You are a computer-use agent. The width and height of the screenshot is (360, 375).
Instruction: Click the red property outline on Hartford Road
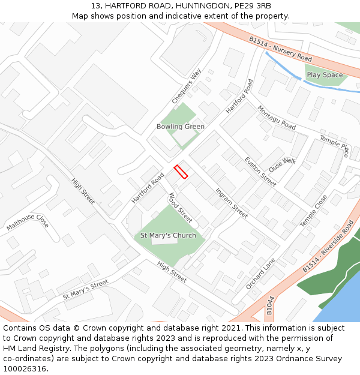click(x=181, y=172)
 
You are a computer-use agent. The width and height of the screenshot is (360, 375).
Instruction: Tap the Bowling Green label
click(x=181, y=127)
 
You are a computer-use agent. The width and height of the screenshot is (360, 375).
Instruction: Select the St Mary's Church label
click(x=168, y=235)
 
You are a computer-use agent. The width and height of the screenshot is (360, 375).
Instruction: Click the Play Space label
click(x=325, y=75)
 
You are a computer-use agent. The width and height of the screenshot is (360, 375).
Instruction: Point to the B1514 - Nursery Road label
click(x=281, y=49)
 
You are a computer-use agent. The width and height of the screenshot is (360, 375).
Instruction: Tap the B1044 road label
click(x=269, y=305)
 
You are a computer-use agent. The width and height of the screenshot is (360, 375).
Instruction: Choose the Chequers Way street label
click(x=187, y=86)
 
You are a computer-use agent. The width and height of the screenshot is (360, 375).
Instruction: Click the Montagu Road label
click(x=277, y=118)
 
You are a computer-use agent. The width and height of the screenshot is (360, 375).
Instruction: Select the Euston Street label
click(x=260, y=171)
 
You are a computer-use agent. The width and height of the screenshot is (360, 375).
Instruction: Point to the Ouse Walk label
click(x=283, y=165)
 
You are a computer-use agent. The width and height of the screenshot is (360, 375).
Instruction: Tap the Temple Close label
click(x=314, y=210)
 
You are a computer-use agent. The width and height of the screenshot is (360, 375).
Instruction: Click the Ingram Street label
click(x=232, y=203)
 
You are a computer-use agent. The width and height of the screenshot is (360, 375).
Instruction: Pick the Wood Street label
click(x=180, y=207)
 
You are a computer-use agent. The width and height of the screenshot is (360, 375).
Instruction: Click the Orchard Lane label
click(x=260, y=274)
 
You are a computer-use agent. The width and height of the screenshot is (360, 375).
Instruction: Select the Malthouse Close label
click(x=28, y=222)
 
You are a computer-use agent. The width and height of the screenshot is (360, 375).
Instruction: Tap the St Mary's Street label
click(x=85, y=289)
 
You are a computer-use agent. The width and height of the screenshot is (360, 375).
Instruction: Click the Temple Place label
click(x=334, y=145)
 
